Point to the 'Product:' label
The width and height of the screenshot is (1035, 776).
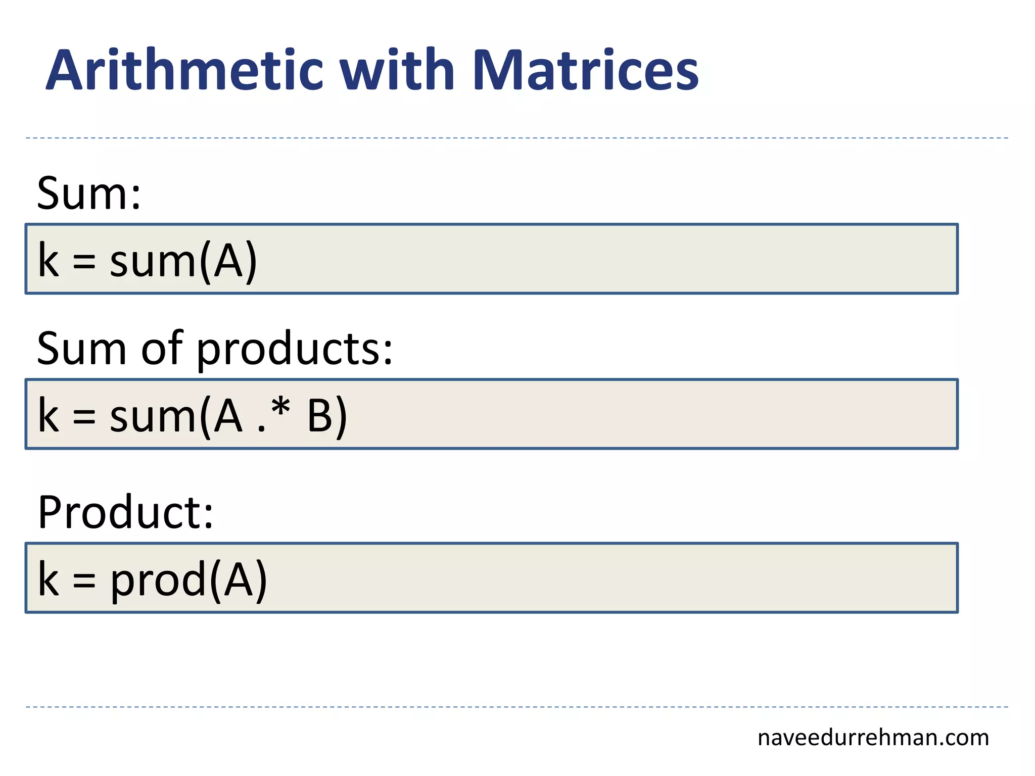click(126, 512)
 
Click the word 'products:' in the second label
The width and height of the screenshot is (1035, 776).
click(294, 350)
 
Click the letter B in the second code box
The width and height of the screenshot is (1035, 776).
click(320, 416)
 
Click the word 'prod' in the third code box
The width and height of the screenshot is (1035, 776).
click(159, 580)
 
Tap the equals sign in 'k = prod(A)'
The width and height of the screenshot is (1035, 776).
click(84, 580)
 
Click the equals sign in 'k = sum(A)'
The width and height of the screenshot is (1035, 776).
click(84, 262)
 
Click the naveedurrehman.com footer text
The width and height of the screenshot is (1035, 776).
click(873, 738)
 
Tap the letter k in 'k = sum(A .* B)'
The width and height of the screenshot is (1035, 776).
click(49, 415)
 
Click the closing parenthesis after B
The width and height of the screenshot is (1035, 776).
click(341, 417)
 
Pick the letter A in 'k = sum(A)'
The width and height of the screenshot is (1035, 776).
click(228, 261)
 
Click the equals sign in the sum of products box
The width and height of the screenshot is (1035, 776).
click(84, 417)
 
